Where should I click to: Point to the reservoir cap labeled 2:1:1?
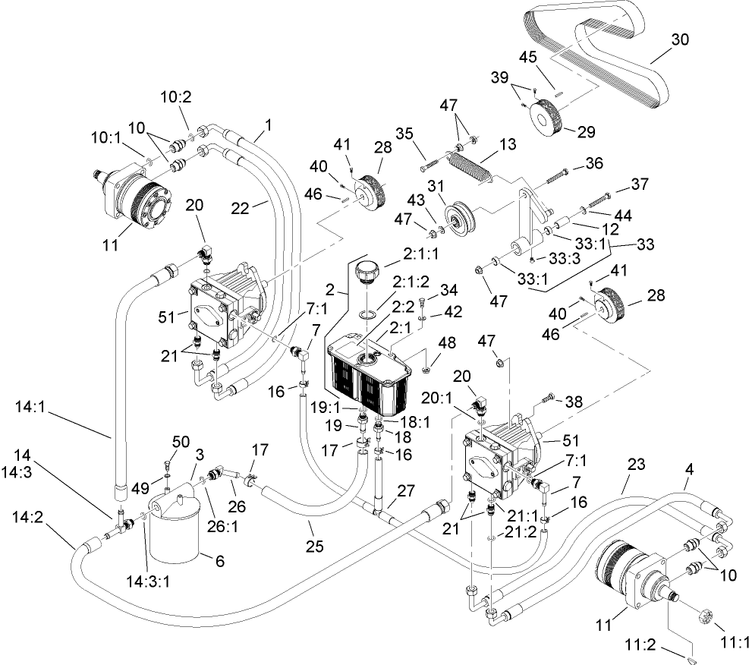pyautogui.click(x=367, y=271)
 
